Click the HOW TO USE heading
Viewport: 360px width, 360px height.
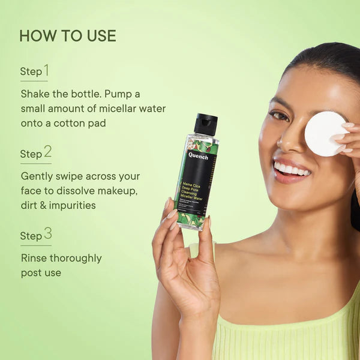point(68,36)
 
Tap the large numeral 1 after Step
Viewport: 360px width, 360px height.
point(46,70)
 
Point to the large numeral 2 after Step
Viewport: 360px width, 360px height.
point(47,151)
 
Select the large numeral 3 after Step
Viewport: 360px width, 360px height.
point(47,233)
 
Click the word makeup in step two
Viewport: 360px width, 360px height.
point(116,191)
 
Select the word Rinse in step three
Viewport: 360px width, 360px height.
point(34,259)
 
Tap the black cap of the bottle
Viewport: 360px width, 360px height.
point(205,124)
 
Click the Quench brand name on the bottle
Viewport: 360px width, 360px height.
point(198,155)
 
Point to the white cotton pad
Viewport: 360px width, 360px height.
point(325,133)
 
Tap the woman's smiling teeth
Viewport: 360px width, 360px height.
point(292,170)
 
